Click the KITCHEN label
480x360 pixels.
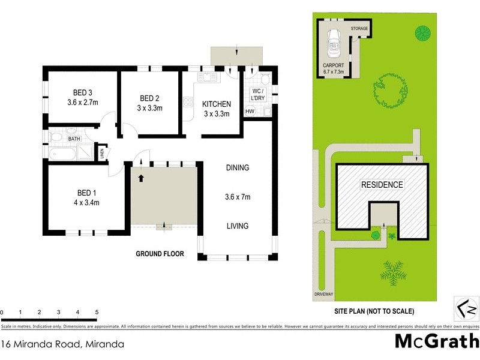(216, 104)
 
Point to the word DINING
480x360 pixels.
(237, 167)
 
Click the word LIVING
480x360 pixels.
(237, 226)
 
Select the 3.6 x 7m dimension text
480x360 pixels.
(237, 196)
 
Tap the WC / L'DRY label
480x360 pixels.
(258, 94)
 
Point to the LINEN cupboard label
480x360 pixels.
(101, 153)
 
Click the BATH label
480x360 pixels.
(74, 139)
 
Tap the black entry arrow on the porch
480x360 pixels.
(142, 178)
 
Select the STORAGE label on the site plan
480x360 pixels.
(359, 28)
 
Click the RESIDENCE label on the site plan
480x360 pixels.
(381, 185)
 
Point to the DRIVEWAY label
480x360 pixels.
(323, 294)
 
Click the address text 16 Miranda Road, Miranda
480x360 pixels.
(62, 344)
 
